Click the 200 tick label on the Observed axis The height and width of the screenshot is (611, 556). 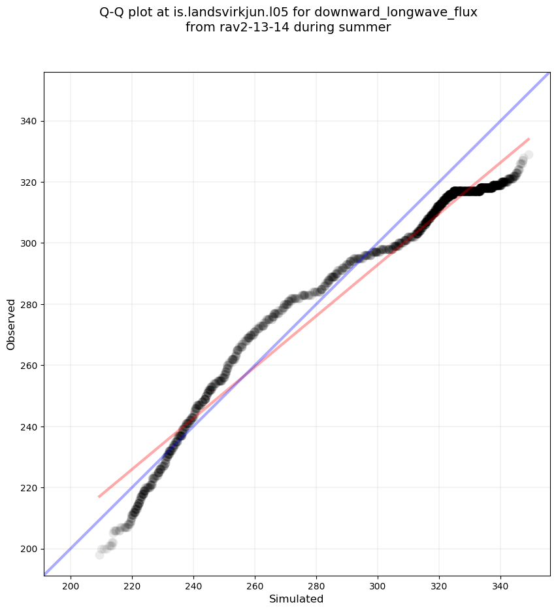[29, 549]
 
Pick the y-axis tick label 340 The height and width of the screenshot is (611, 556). [29, 121]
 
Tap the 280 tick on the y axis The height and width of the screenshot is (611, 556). [29, 304]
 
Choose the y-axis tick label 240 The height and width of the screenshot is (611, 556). [29, 427]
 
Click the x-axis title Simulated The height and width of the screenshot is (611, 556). [296, 599]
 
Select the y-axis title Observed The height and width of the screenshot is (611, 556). [11, 324]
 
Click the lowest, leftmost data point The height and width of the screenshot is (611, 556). [99, 555]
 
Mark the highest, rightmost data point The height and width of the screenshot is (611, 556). [529, 155]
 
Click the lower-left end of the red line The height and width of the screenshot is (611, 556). [99, 497]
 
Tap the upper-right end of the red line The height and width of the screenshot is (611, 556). [529, 139]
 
